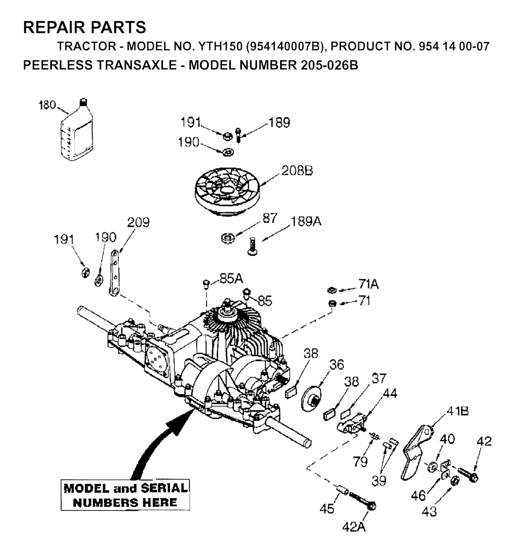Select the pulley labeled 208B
[x=227, y=191]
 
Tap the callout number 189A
[x=306, y=222]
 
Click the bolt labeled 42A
[x=363, y=500]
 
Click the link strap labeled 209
[x=114, y=272]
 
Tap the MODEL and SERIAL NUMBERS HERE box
[x=125, y=495]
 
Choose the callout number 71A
[x=369, y=284]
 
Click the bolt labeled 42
[x=468, y=474]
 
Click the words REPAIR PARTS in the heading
[x=84, y=27]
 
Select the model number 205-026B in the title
[x=329, y=65]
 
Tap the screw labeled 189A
[x=252, y=246]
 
